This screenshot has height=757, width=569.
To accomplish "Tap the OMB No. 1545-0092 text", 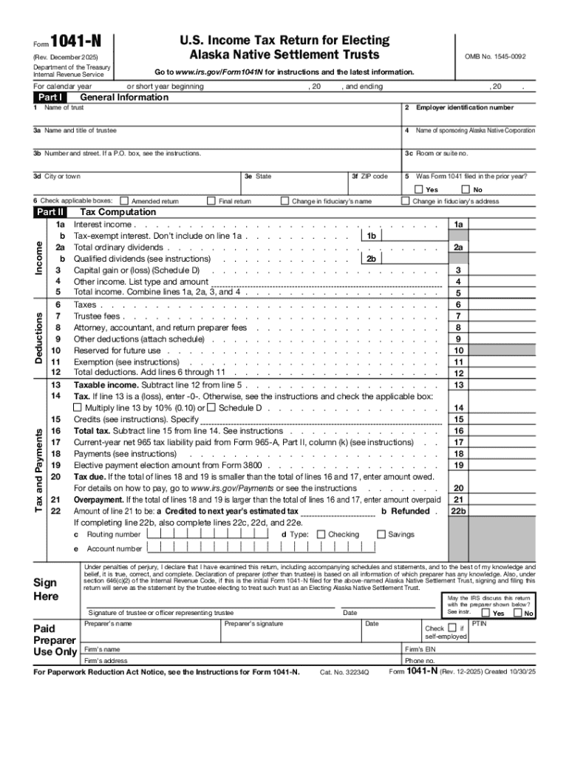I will coord(494,56).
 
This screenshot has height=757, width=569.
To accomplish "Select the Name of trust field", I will coord(214,118).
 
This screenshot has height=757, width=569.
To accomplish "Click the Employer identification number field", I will coord(469,118).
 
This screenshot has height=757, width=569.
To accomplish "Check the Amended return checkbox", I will coord(124,200).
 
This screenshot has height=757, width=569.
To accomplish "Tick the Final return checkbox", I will coord(211,200).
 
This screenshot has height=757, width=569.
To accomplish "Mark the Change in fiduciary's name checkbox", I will coord(284,200).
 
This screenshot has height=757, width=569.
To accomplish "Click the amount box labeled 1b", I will coord(406,236).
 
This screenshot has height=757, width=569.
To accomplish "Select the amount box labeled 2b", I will coord(406,259).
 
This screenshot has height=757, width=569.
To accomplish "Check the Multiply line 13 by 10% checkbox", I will coord(78,408).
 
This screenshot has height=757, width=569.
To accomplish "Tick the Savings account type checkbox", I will coord(381,534).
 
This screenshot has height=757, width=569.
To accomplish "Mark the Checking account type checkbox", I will coord(321,534).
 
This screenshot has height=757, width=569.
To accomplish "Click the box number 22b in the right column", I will coord(458,511).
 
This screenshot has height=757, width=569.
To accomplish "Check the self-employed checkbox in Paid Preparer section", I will coord(452,628).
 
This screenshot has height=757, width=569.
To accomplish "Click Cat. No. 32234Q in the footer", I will coord(344,672).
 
